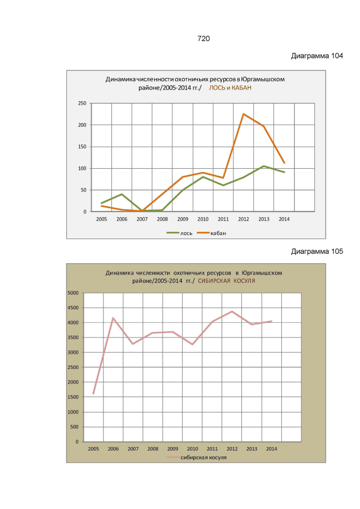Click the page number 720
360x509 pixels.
[x=203, y=38]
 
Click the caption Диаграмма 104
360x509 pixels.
[x=317, y=56]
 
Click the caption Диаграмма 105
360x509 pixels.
[x=317, y=251]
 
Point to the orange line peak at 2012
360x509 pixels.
[x=244, y=114]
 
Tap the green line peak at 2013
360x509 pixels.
[x=264, y=166]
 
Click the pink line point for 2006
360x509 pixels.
[x=113, y=318]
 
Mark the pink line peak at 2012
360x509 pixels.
[x=232, y=311]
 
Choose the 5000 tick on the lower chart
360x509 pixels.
[x=73, y=293]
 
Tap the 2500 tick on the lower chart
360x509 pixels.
[x=73, y=367]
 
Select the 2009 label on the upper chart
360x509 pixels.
[x=183, y=218]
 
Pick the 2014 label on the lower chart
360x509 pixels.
[x=271, y=448]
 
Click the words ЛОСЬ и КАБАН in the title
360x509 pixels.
[x=230, y=88]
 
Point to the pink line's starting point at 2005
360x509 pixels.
[x=93, y=394]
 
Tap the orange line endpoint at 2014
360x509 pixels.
[x=284, y=163]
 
